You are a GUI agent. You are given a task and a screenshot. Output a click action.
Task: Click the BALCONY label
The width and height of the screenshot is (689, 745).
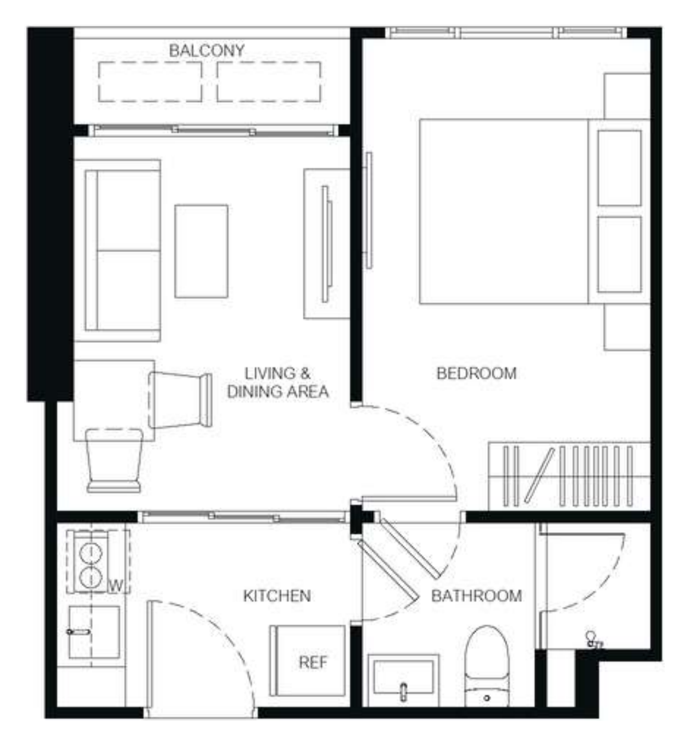point(207,51)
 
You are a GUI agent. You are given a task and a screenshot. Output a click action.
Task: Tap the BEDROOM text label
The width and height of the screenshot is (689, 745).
point(476,373)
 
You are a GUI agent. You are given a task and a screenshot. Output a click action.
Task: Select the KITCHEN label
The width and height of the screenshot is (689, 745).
point(277,596)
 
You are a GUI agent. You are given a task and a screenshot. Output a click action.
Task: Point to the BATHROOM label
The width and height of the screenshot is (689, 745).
point(476,596)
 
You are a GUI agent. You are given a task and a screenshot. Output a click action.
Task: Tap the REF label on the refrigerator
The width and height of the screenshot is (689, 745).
point(313,663)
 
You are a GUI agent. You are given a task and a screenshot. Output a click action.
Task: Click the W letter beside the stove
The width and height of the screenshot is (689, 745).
point(116,586)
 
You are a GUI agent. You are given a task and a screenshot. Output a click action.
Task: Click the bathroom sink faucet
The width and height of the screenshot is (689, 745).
point(403,691)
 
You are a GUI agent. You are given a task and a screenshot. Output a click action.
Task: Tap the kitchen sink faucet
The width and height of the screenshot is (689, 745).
point(79,632)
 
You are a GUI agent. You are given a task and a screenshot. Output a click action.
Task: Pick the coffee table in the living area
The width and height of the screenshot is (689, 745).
point(201,251)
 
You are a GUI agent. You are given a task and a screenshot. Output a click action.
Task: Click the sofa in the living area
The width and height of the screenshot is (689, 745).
point(118,251)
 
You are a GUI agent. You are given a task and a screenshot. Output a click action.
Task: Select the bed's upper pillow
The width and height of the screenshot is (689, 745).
point(619,168)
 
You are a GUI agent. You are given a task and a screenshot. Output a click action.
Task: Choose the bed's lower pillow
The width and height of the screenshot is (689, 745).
point(619,254)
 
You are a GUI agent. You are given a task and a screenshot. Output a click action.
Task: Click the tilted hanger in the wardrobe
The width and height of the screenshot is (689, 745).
point(539,475)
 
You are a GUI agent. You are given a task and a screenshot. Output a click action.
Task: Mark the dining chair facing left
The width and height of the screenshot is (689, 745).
point(180,400)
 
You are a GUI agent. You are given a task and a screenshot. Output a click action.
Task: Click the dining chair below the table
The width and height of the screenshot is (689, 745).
point(114,460)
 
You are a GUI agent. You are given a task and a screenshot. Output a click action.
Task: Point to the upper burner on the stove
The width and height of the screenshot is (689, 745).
point(91,552)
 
